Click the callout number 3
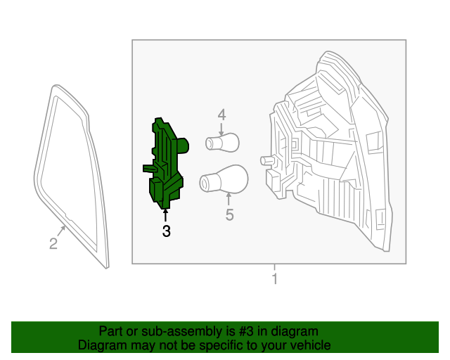(x=166, y=231)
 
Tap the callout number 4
(x=221, y=115)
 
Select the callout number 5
(x=229, y=215)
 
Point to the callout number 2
(x=53, y=244)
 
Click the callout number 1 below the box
(x=275, y=279)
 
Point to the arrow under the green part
(x=166, y=214)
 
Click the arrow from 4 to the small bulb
(x=221, y=128)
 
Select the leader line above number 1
(x=275, y=269)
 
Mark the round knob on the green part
(x=184, y=146)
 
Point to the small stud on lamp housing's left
(x=266, y=160)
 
